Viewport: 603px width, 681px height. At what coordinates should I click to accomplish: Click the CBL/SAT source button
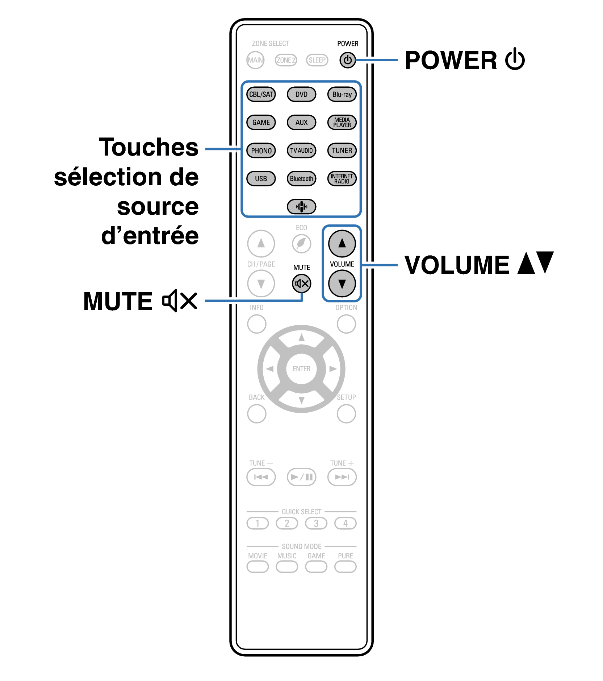pos(261,94)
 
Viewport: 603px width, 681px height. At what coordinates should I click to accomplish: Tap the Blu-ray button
pos(342,94)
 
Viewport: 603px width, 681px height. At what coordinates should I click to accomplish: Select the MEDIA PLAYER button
pos(342,122)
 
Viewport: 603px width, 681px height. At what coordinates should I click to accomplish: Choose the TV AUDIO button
pos(301,150)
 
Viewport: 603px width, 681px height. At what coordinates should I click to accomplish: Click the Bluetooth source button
pos(301,178)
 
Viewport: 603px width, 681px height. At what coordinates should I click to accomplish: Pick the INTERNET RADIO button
pos(342,178)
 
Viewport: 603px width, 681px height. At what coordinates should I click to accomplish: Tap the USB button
pos(261,178)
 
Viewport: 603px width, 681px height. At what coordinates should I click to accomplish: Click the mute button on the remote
pos(301,284)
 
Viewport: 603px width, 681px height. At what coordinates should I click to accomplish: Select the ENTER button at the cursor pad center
pos(301,369)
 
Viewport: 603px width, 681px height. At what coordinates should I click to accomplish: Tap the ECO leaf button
pos(301,243)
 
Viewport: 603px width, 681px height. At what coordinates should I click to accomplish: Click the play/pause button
pos(301,477)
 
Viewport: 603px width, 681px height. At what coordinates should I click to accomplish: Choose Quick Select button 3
pos(316,523)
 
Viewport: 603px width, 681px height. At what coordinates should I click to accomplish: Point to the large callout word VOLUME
pos(457,265)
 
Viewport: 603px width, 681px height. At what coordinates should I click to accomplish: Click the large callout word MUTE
pos(118,301)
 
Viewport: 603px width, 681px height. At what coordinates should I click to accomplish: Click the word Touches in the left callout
pos(148,147)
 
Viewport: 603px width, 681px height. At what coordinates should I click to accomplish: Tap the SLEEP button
pos(317,60)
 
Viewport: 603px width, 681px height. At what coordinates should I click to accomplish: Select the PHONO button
pos(261,150)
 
